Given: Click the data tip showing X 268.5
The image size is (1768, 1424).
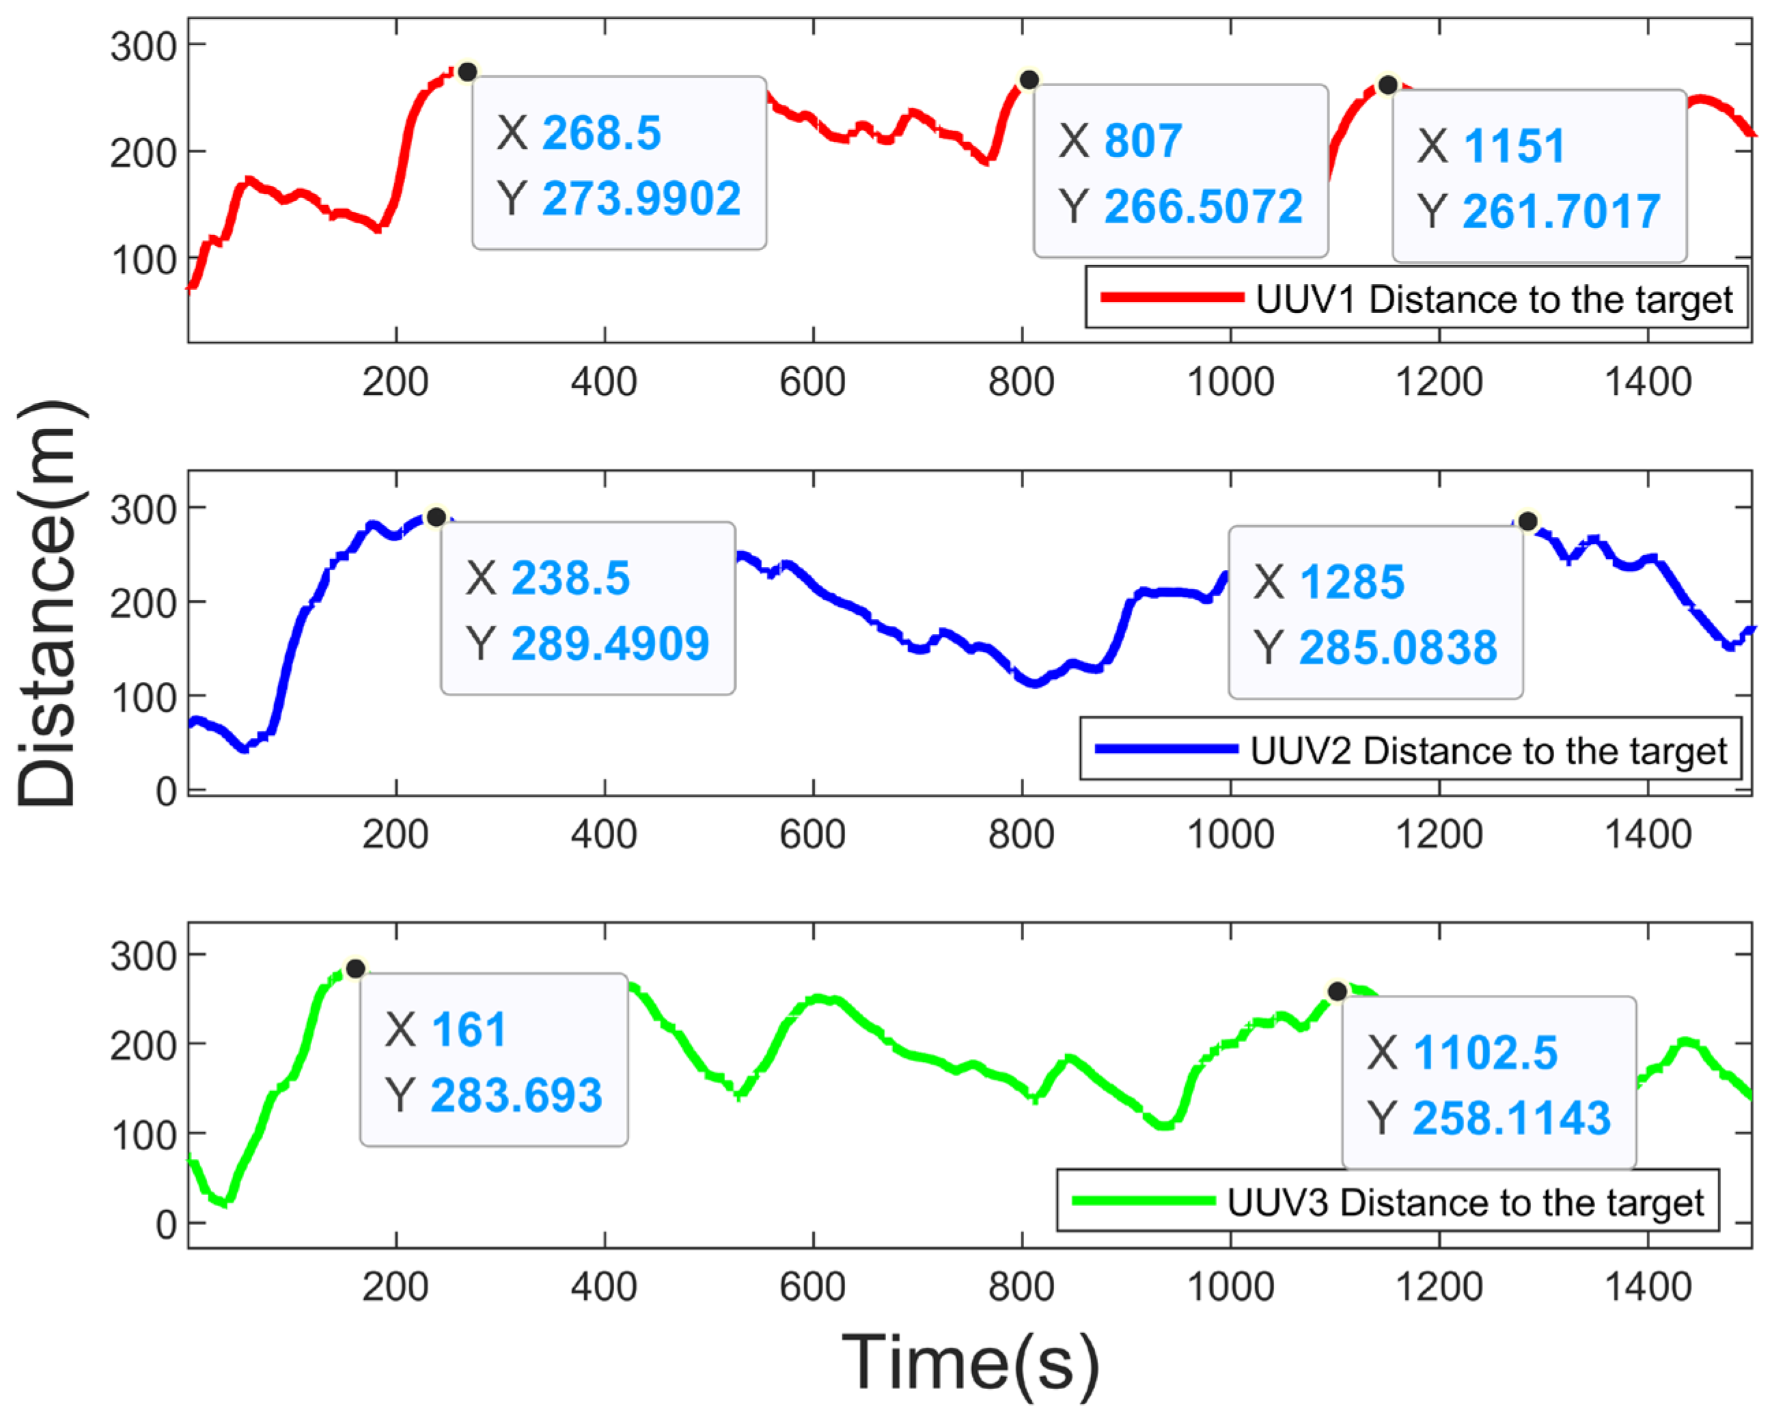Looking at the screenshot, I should point(619,163).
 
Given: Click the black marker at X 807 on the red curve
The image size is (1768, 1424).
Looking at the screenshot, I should point(1028,79).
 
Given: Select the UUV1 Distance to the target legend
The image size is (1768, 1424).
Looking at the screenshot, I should point(1416,298).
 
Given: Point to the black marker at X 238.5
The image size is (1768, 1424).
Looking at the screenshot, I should point(437,517).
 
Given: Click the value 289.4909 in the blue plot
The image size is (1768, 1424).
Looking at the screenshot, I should point(610,644).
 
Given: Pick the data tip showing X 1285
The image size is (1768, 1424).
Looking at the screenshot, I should point(1375,613).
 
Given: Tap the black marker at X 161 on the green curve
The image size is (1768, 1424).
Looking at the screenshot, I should point(355,969).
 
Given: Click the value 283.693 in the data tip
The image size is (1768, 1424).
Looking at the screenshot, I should point(516,1096).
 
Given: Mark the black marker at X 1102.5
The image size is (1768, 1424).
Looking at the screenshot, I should point(1338,991).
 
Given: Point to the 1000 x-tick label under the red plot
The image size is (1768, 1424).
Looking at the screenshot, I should point(1230,382).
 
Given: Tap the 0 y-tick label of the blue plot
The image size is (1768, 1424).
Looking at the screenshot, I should point(167,793).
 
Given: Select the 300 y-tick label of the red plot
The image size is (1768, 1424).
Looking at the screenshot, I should point(143,46).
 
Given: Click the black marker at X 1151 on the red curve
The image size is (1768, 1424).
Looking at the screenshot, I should point(1387,85).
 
